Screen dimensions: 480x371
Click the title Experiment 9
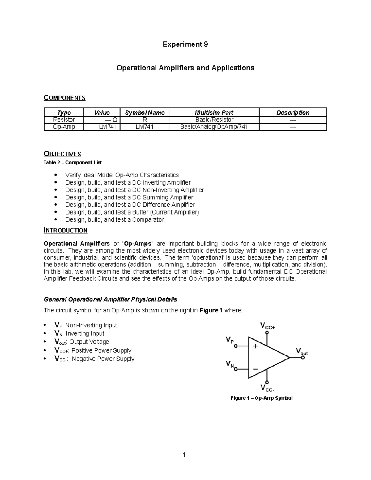pyautogui.click(x=185, y=44)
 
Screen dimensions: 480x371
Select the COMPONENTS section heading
pyautogui.click(x=64, y=98)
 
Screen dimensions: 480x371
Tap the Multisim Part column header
pyautogui.click(x=214, y=113)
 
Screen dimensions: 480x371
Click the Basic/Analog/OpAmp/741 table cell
pyautogui.click(x=214, y=127)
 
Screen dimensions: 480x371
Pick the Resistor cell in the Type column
pyautogui.click(x=64, y=120)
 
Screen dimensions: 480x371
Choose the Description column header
pyautogui.click(x=292, y=113)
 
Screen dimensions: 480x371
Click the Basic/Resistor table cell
pyautogui.click(x=214, y=120)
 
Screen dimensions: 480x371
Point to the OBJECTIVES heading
pyautogui.click(x=62, y=154)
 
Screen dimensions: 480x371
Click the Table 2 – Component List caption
pyautogui.click(x=73, y=162)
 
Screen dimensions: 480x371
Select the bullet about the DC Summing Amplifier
pyautogui.click(x=129, y=197)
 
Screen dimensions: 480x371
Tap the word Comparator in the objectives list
pyautogui.click(x=148, y=219)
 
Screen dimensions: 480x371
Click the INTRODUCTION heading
pyautogui.click(x=66, y=230)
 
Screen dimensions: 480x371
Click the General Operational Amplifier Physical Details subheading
pyautogui.click(x=110, y=299)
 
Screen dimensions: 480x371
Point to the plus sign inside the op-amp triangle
pyautogui.click(x=255, y=346)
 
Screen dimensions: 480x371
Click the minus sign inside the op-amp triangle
pyautogui.click(x=255, y=369)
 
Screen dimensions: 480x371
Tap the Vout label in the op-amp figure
pyautogui.click(x=302, y=351)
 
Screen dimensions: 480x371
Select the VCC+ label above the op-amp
pyautogui.click(x=267, y=326)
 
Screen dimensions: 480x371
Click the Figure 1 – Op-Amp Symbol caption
pyautogui.click(x=261, y=398)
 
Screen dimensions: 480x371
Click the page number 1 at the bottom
pyautogui.click(x=184, y=454)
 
